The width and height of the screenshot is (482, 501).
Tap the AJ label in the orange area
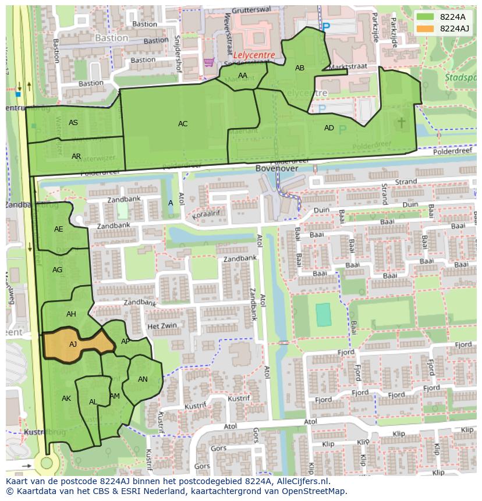73,344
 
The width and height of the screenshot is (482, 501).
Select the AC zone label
183,123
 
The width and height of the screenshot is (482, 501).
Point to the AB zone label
300,68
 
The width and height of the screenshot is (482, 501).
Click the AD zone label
329,128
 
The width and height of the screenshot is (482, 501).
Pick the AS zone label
73,123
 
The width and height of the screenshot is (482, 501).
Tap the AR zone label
76,157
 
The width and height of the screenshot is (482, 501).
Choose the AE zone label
59,229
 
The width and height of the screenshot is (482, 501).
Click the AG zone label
57,270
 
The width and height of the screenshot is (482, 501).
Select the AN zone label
143,379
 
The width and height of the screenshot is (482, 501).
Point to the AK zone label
66,399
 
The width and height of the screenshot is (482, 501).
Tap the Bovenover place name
277,168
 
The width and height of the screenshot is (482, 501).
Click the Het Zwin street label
161,326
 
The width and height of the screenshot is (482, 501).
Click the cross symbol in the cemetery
401,122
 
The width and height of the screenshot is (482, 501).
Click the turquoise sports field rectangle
322,315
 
